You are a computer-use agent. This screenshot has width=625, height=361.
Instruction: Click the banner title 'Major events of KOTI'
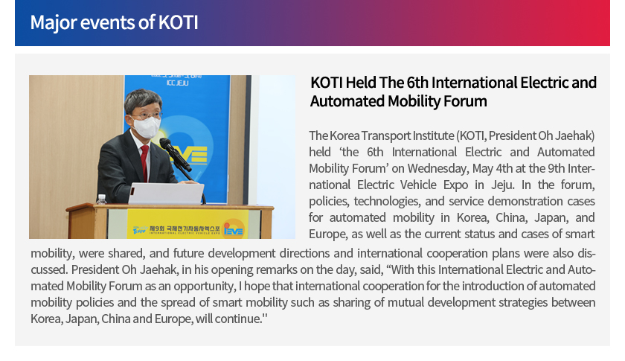[x=114, y=22]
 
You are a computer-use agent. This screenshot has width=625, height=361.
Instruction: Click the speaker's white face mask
[x=147, y=127]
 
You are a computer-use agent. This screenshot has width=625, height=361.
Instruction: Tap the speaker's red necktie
[x=144, y=162]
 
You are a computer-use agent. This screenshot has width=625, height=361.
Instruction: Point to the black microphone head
[x=165, y=144]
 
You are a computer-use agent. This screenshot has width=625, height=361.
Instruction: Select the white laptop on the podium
[x=166, y=194]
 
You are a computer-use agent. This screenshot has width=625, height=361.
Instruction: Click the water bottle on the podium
[x=102, y=199]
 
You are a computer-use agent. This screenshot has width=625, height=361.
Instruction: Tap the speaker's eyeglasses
[x=147, y=115]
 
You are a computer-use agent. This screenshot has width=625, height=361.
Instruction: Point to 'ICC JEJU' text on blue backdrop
[x=177, y=83]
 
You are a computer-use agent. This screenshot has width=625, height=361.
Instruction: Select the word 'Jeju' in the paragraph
[x=502, y=185]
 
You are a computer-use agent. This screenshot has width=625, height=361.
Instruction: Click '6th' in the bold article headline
[x=417, y=83]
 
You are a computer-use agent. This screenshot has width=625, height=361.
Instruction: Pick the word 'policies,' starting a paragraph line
[x=329, y=201]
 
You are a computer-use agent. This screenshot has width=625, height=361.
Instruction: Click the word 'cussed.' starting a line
[x=49, y=269]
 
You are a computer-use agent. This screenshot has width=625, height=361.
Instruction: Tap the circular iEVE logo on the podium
[x=234, y=229]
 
